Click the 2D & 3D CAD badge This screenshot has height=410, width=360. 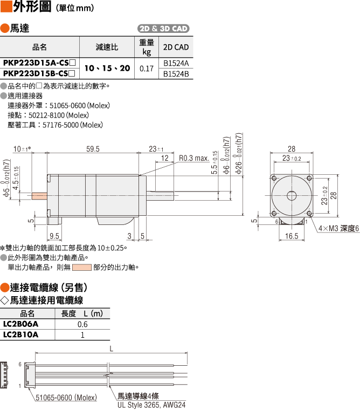click(x=163, y=29)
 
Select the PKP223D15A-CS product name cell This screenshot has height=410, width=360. click(x=39, y=63)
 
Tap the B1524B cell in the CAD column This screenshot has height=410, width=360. click(x=176, y=74)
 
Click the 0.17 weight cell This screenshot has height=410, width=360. click(x=147, y=69)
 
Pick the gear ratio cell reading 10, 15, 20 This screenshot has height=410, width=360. click(x=107, y=69)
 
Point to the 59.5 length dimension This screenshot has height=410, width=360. click(x=93, y=149)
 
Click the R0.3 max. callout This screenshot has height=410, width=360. click(x=194, y=158)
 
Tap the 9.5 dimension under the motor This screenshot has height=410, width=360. click(x=54, y=236)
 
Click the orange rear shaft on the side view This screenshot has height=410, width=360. click(x=39, y=196)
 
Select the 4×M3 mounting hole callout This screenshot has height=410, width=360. click(x=338, y=229)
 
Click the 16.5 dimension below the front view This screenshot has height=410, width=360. click(x=292, y=236)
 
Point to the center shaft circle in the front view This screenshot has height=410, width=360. click(x=292, y=196)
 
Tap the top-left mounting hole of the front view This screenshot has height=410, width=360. click(x=274, y=179)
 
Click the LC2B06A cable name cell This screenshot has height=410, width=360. click(x=21, y=324)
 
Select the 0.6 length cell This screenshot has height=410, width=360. click(x=82, y=324)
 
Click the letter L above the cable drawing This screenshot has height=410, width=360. click(x=112, y=348)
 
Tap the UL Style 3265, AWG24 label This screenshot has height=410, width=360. click(x=151, y=405)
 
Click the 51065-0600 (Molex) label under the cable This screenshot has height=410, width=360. click(x=66, y=398)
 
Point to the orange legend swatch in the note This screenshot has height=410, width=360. click(x=82, y=268)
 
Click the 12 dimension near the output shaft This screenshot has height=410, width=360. click(x=164, y=158)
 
